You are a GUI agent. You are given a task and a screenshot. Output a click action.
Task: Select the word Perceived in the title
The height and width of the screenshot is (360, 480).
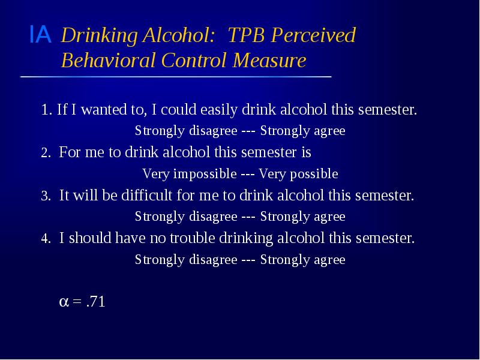pyautogui.click(x=314, y=35)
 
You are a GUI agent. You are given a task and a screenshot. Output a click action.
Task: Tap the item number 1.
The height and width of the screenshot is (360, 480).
pyautogui.click(x=46, y=110)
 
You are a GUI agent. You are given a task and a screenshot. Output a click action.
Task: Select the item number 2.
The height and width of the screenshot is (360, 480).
pyautogui.click(x=46, y=154)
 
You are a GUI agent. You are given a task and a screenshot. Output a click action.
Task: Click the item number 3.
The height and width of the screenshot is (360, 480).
pyautogui.click(x=46, y=197)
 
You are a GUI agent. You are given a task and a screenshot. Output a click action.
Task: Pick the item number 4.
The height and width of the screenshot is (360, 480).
pyautogui.click(x=46, y=239)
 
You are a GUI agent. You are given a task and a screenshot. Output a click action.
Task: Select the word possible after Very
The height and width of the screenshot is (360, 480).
pyautogui.click(x=313, y=175)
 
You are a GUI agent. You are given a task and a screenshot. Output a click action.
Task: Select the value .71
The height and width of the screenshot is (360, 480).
pyautogui.click(x=95, y=302)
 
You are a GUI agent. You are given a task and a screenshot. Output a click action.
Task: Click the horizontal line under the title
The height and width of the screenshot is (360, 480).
pyautogui.click(x=175, y=77)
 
